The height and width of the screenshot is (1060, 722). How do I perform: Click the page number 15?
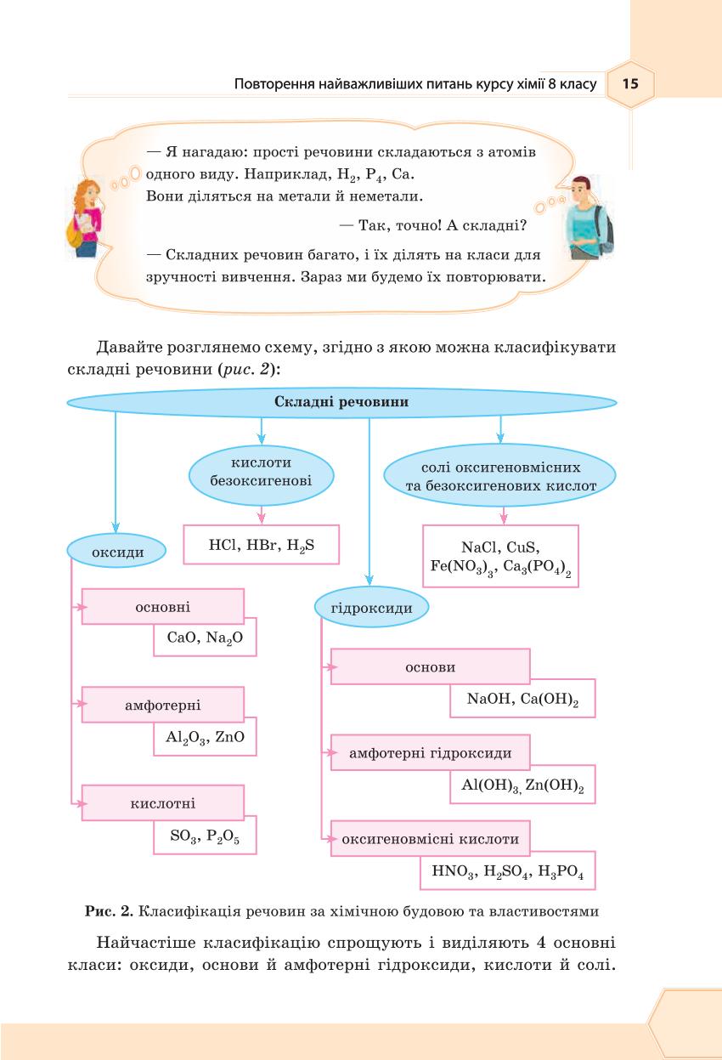(630, 84)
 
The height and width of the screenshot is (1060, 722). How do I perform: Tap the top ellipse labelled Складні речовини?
(341, 402)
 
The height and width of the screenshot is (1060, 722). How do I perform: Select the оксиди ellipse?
(116, 552)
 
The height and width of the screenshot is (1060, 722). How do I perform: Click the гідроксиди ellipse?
(372, 608)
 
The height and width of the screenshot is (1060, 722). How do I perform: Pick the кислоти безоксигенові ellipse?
(261, 474)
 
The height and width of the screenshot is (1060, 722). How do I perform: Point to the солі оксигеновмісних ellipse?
(499, 475)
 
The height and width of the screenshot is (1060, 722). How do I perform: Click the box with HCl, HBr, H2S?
(262, 545)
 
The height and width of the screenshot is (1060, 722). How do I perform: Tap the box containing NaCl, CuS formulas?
(500, 556)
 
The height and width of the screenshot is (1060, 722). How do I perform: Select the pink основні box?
(162, 607)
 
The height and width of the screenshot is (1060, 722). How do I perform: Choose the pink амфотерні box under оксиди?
(162, 705)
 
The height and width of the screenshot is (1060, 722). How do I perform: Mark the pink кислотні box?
(162, 803)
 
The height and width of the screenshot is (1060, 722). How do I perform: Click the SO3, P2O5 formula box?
(206, 836)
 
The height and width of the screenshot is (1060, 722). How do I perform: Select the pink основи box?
(430, 666)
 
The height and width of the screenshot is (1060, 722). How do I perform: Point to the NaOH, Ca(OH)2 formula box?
(522, 700)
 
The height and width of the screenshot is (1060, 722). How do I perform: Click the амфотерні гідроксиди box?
(430, 752)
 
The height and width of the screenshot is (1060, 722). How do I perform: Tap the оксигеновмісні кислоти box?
(430, 839)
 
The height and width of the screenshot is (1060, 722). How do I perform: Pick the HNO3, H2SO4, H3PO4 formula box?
(508, 871)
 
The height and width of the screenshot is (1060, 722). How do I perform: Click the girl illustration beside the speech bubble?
(85, 218)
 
